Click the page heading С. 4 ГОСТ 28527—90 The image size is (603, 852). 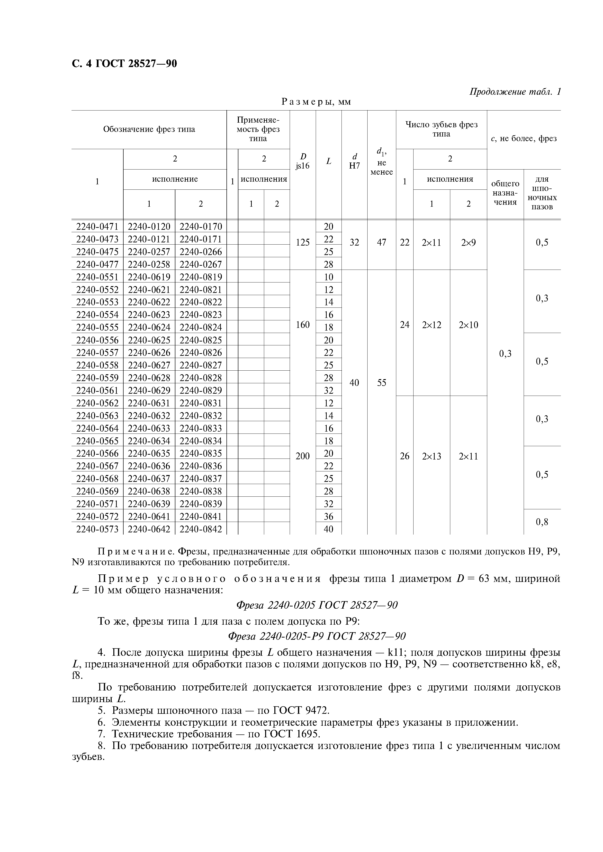pos(124,64)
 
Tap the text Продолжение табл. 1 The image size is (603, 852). pos(514,92)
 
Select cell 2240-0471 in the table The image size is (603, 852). pos(97,226)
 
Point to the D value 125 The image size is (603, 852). pos(302,243)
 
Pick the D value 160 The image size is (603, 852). pos(302,325)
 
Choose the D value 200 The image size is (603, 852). pos(302,456)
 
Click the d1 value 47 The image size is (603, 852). pos(382,243)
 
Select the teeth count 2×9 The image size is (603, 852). pos(468,243)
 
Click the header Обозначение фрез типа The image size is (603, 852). pos(149,129)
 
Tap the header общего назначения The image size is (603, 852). pos(505,193)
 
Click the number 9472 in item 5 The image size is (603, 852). pos(316,710)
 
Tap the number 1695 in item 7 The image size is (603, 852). pos(307,734)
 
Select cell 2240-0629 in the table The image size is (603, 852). pos(149,390)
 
